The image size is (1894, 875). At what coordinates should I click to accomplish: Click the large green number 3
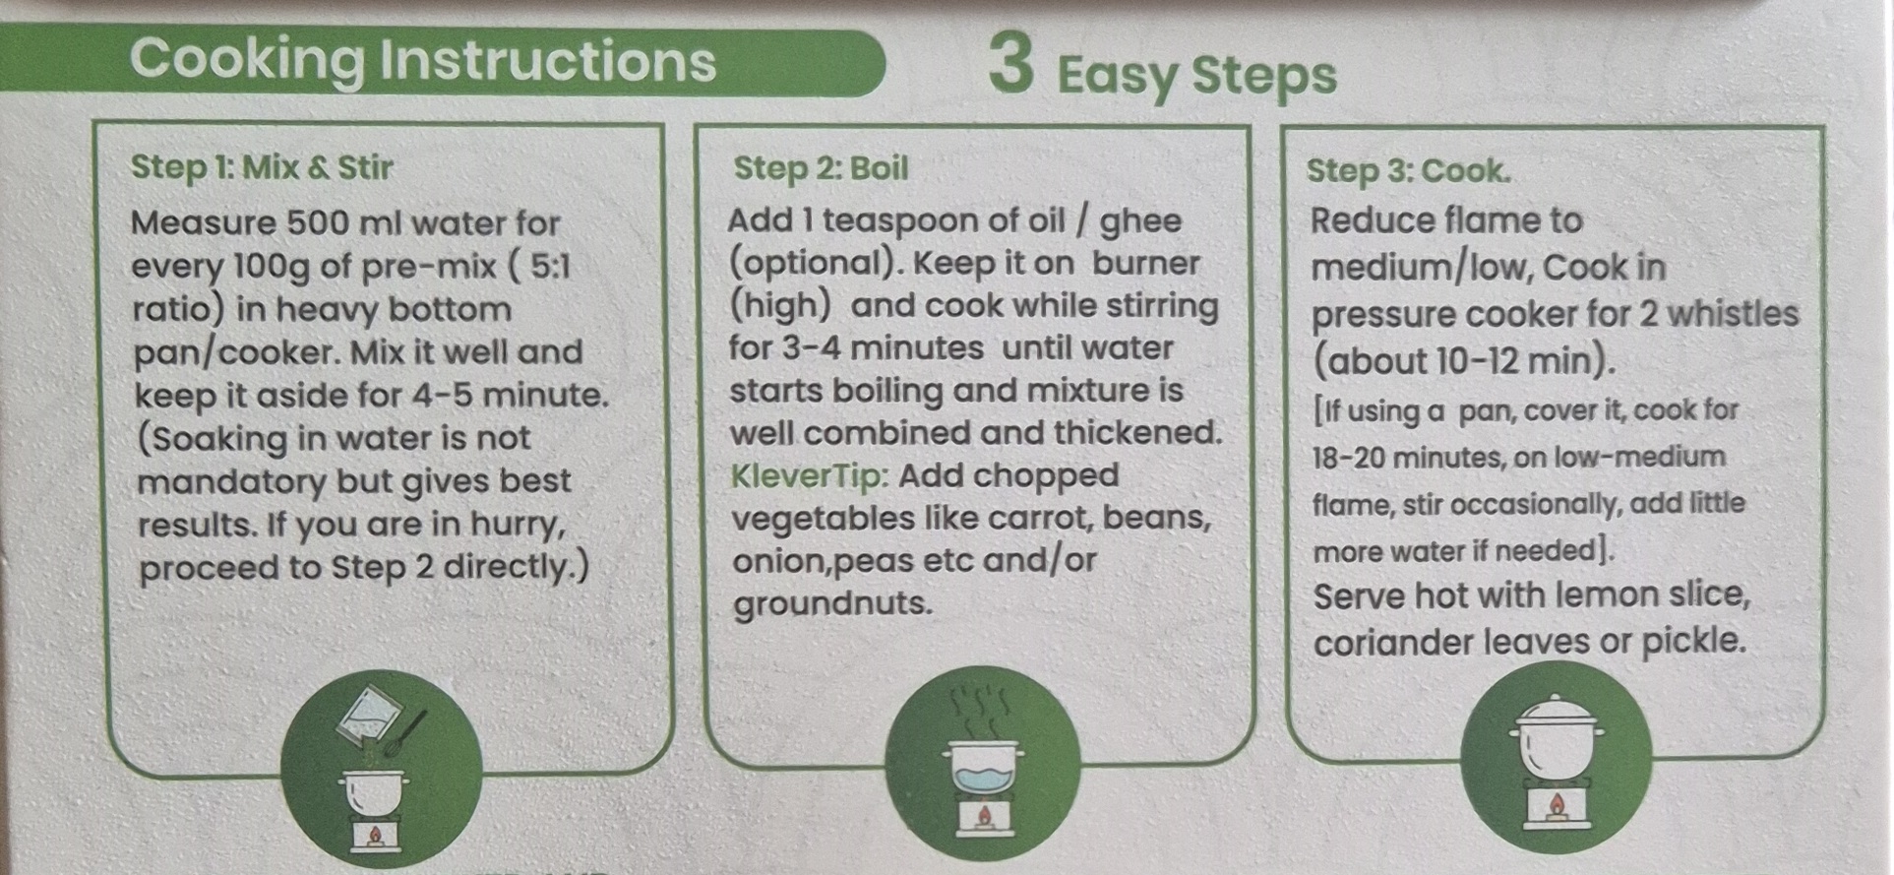(1012, 64)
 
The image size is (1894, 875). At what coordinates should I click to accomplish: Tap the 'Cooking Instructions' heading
(423, 60)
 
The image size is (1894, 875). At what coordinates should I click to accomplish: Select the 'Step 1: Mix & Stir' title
(262, 167)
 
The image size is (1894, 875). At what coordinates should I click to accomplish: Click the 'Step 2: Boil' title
(821, 168)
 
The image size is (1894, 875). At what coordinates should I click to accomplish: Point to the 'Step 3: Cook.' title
(1408, 171)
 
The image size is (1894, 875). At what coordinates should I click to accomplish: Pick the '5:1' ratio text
(549, 266)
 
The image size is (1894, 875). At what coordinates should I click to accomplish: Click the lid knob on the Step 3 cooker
(1556, 700)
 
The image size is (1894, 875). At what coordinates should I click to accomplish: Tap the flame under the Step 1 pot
(374, 836)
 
